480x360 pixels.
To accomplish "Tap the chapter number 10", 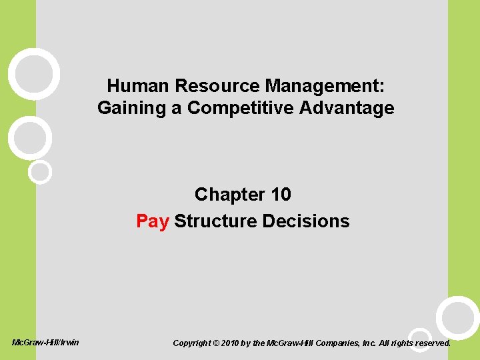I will [281, 195].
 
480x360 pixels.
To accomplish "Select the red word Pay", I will [153, 221].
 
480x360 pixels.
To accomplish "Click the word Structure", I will [214, 221].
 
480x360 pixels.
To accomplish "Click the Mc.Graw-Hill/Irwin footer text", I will [46, 343].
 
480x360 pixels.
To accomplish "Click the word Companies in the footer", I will [344, 343].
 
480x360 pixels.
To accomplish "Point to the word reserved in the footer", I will [430, 343].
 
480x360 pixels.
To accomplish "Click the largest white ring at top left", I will [33, 74].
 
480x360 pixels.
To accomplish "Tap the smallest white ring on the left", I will [40, 171].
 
